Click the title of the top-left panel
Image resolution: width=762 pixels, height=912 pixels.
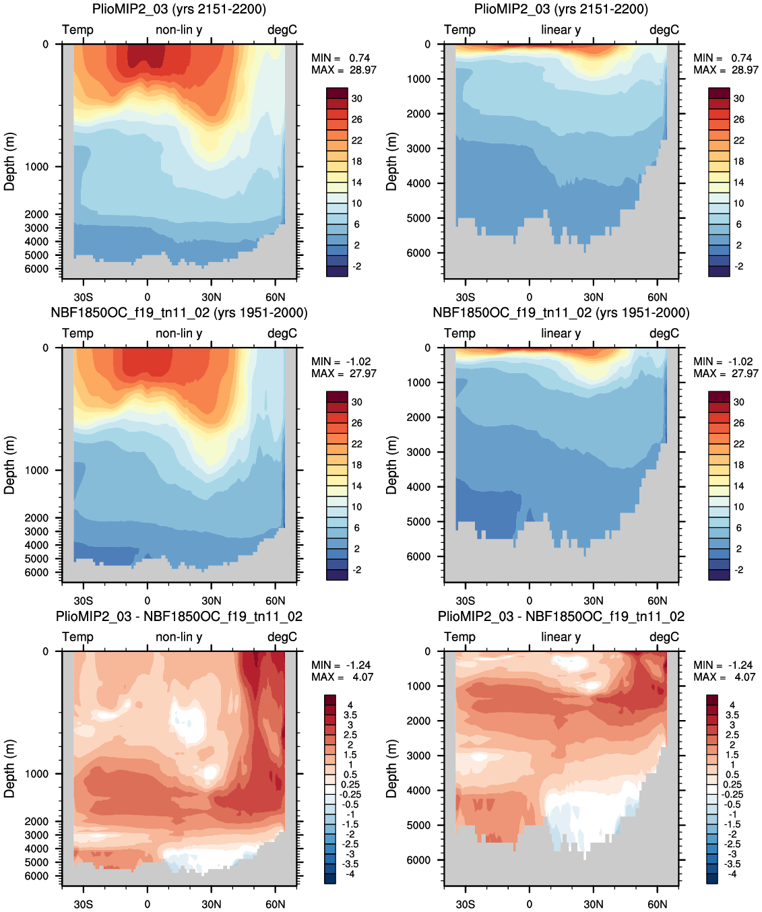[x=179, y=9]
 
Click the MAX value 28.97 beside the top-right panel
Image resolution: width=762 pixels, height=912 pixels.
[x=744, y=70]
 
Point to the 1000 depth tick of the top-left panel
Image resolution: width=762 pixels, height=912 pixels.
[x=36, y=167]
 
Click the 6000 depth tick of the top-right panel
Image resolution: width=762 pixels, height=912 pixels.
[x=418, y=253]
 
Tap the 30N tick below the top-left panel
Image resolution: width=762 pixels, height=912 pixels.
[x=212, y=298]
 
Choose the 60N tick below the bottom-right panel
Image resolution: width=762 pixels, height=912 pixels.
[x=657, y=905]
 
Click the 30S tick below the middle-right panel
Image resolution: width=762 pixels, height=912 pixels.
[x=466, y=601]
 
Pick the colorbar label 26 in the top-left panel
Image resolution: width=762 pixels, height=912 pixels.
[x=357, y=120]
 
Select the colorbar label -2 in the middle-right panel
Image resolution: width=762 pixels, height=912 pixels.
[x=739, y=570]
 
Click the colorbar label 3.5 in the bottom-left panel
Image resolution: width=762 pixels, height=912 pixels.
[x=350, y=715]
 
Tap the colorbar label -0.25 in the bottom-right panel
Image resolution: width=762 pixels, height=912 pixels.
[x=733, y=795]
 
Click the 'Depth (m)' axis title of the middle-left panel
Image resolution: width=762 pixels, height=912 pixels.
[x=9, y=465]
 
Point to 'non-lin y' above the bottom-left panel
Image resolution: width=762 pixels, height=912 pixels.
[x=179, y=637]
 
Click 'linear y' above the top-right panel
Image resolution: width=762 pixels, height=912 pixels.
[x=561, y=30]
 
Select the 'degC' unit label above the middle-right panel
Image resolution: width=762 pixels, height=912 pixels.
[x=664, y=333]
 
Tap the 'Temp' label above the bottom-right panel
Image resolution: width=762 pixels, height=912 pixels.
[x=459, y=637]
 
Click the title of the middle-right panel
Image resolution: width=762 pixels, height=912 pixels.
[x=561, y=313]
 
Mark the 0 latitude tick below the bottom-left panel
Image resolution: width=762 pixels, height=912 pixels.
[x=148, y=905]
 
